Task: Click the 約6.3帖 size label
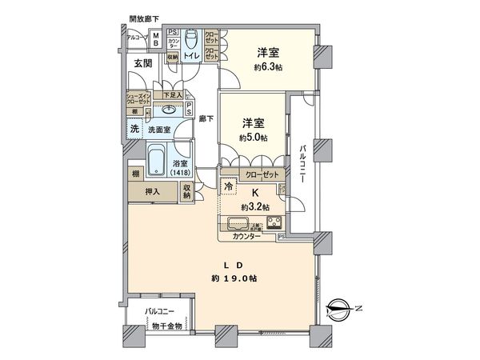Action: pos(269,68)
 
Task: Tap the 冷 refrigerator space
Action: pos(230,187)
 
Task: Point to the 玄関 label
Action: pos(143,64)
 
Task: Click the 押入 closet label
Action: pos(151,191)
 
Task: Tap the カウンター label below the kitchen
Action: pos(247,238)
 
